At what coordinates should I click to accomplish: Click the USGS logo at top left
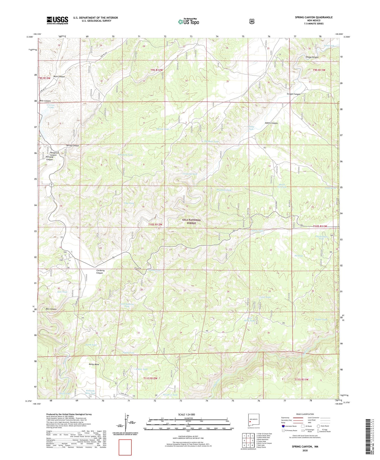57,20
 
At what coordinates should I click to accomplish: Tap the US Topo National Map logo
188,21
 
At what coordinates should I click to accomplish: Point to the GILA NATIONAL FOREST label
193,222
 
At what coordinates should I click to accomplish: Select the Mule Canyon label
59,76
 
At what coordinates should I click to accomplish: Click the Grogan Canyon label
293,94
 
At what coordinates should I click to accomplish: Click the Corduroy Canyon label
100,271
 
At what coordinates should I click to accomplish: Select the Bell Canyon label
51,309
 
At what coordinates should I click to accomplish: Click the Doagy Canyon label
312,57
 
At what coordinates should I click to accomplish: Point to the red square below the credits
125,447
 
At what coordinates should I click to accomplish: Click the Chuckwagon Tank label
321,237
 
